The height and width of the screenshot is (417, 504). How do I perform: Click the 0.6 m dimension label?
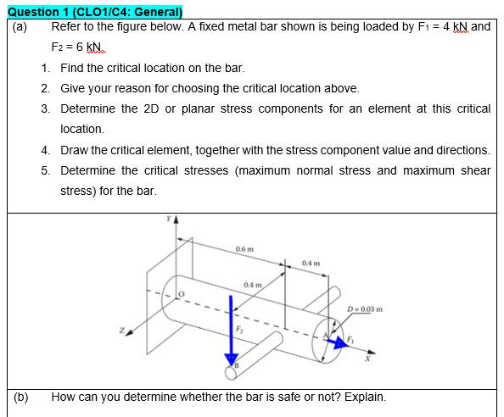(x=244, y=249)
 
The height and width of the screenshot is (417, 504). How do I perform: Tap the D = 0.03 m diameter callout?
(x=365, y=309)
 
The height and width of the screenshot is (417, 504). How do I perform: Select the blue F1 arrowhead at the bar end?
(x=341, y=342)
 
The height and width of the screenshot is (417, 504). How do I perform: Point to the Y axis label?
(x=169, y=219)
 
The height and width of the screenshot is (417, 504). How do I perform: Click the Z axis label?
(x=122, y=330)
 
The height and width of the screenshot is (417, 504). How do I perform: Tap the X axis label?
(x=367, y=359)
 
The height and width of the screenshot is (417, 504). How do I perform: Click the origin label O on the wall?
(x=182, y=294)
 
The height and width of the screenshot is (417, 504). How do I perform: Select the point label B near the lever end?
(x=237, y=365)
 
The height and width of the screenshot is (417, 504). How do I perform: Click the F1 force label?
(x=350, y=339)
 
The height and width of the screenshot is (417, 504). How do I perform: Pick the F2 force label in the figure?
(x=239, y=329)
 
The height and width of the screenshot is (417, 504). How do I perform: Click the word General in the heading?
(x=156, y=12)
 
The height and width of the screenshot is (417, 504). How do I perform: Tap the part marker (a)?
(x=20, y=27)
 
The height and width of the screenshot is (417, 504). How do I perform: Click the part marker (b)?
(x=21, y=398)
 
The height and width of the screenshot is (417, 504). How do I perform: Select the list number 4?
(x=45, y=150)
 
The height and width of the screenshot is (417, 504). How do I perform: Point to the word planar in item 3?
(x=198, y=109)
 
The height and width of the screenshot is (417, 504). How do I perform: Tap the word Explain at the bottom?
(x=365, y=398)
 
